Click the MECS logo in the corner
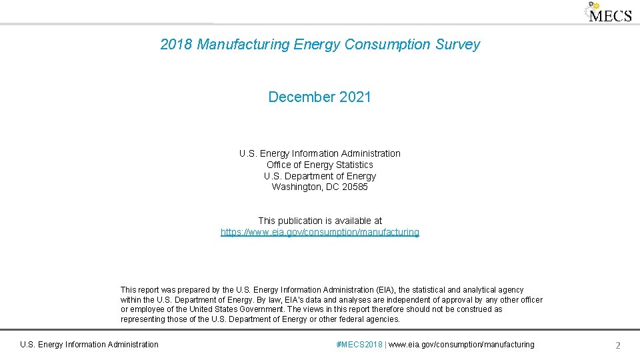pos(608,13)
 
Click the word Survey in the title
pos(457,45)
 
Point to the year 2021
pos(355,97)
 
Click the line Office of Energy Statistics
pos(320,165)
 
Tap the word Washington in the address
pos(297,187)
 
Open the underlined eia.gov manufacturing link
pos(320,233)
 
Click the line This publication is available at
pos(320,221)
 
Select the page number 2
pos(618,345)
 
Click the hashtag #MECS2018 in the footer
pos(359,345)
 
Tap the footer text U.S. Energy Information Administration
pos(89,345)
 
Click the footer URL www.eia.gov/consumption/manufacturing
pos(462,345)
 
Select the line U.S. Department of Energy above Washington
pos(320,176)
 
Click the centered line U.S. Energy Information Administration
pos(320,153)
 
